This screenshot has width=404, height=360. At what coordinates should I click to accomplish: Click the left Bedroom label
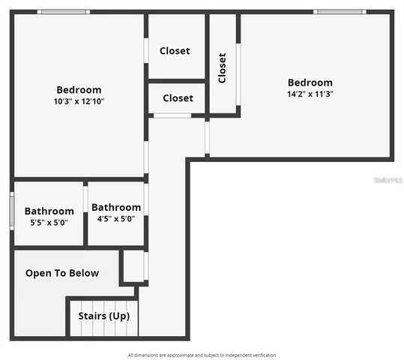coord(79,90)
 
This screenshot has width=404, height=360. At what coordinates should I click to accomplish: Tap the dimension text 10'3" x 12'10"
coord(79,101)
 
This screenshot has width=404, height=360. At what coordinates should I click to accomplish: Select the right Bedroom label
coord(310,82)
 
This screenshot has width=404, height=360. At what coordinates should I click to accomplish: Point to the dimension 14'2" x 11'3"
coord(310,94)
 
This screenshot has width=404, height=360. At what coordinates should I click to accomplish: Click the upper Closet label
coord(175,51)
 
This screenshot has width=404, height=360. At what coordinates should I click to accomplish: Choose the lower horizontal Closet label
coord(178,98)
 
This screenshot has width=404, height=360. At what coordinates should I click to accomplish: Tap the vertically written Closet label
coord(222,67)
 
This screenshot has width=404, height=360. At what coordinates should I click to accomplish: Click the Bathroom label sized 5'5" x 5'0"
coord(49,211)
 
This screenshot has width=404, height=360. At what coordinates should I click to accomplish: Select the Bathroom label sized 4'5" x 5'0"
coord(116,208)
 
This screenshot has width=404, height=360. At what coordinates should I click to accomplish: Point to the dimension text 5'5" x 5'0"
coord(49,223)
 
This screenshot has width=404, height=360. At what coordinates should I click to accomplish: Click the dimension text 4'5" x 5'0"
coord(116,219)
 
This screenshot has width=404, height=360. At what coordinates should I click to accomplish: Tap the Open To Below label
coord(62,273)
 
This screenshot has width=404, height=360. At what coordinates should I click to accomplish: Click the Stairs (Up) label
coord(104,316)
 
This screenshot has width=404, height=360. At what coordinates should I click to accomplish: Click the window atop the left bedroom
coord(64,12)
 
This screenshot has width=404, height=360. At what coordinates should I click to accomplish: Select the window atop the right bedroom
coord(340,12)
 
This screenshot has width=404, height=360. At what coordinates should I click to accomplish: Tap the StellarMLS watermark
coord(389,181)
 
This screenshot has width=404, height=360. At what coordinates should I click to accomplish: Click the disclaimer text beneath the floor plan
coord(202,355)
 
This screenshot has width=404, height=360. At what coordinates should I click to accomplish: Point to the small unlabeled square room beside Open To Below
coord(133,265)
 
